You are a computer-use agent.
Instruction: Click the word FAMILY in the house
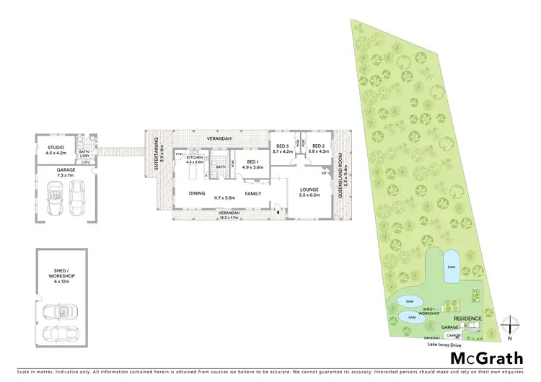(253, 194)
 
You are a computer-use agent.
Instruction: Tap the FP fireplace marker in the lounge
(324, 174)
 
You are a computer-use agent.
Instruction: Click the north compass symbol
(509, 327)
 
